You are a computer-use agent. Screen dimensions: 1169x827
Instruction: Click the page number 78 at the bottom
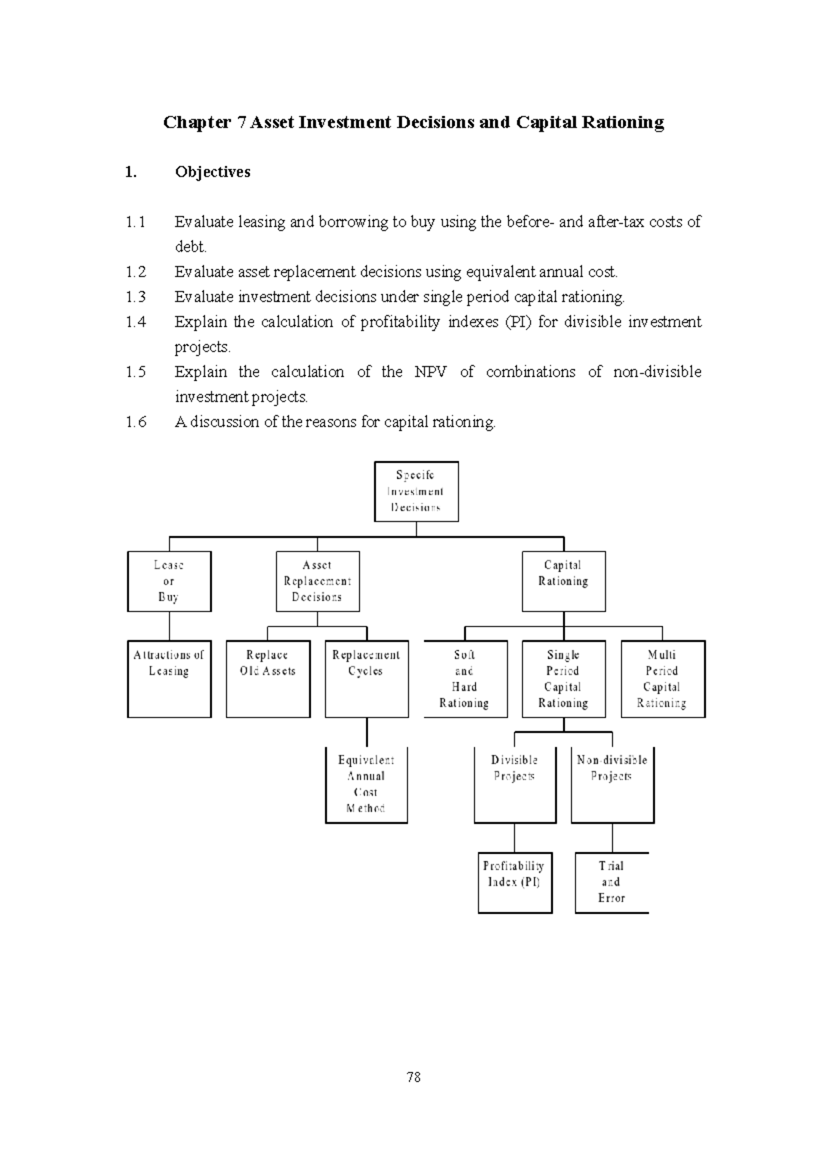pyautogui.click(x=413, y=1077)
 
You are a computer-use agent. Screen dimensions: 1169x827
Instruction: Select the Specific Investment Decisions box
pyautogui.click(x=416, y=491)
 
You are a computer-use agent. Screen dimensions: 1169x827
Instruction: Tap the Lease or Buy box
pyautogui.click(x=169, y=581)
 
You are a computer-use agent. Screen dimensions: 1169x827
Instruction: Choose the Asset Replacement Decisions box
pyautogui.click(x=318, y=581)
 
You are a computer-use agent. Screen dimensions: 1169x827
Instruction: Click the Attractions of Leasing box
pyautogui.click(x=169, y=679)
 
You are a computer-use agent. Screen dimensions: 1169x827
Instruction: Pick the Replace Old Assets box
pyautogui.click(x=268, y=679)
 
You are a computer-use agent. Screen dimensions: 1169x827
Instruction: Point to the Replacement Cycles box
pyautogui.click(x=367, y=679)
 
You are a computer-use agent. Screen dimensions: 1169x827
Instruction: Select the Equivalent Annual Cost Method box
pyautogui.click(x=367, y=784)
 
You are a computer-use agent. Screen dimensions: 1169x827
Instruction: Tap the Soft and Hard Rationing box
pyautogui.click(x=465, y=679)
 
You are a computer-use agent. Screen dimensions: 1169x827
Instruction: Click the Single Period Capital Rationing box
pyautogui.click(x=564, y=679)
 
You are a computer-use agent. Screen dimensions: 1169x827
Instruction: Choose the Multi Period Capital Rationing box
pyautogui.click(x=663, y=679)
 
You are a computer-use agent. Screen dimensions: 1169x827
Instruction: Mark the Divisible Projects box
pyautogui.click(x=515, y=784)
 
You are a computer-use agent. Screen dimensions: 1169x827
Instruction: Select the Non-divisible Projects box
pyautogui.click(x=613, y=784)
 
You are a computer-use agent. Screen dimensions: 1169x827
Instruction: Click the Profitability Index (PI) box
pyautogui.click(x=515, y=882)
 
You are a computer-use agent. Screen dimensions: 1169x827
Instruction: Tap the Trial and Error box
pyautogui.click(x=612, y=882)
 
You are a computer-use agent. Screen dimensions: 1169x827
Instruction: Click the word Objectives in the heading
pyautogui.click(x=212, y=172)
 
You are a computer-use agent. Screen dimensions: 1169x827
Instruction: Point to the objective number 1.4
pyautogui.click(x=136, y=322)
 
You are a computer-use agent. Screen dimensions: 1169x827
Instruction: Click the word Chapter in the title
pyautogui.click(x=196, y=123)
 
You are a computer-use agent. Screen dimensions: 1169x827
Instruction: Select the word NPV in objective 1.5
pyautogui.click(x=430, y=372)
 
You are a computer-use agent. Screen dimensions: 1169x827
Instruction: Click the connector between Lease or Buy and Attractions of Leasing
pyautogui.click(x=170, y=626)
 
